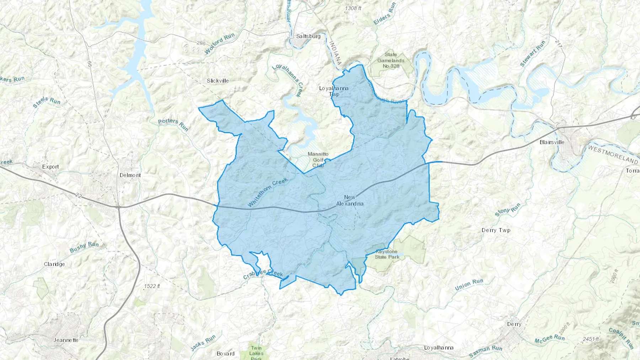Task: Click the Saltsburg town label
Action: tap(308, 36)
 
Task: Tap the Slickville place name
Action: tap(218, 81)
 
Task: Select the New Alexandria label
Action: tap(350, 200)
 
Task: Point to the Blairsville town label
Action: tap(552, 142)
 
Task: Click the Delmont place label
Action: tap(130, 175)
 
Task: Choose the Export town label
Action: tap(50, 167)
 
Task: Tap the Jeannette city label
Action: tap(66, 340)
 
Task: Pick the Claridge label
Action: tap(54, 264)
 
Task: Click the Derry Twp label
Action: tap(496, 230)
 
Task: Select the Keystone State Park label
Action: tap(387, 254)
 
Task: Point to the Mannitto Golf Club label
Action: tap(318, 160)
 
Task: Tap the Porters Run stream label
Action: tap(173, 124)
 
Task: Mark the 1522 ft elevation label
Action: tap(152, 286)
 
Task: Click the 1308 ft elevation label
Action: tap(353, 8)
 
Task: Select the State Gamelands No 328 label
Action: tap(391, 60)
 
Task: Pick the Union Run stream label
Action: tap(469, 285)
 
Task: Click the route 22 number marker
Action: tap(79, 195)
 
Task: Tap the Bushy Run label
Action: tap(84, 247)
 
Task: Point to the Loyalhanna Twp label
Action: tap(334, 91)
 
